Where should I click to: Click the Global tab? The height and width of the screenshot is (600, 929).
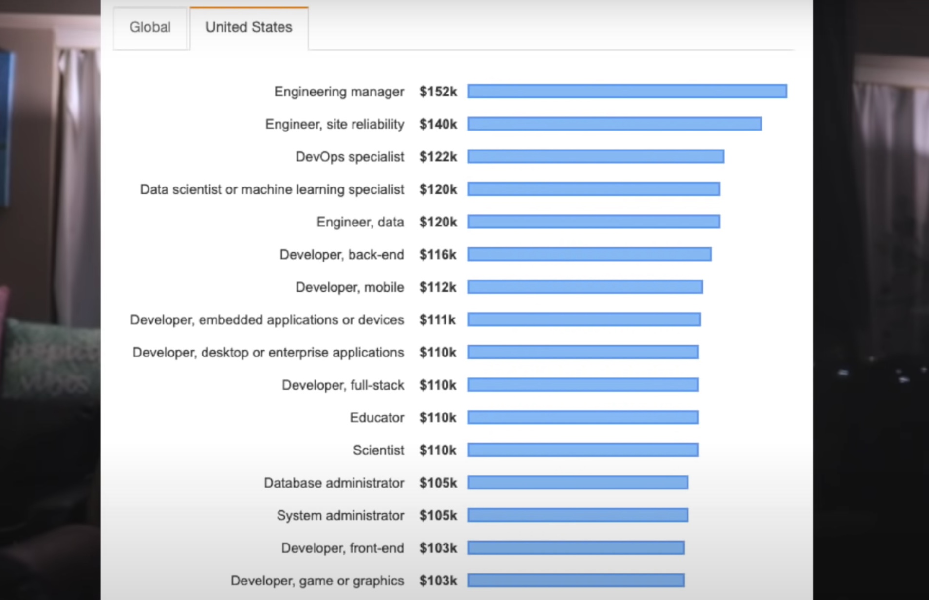click(150, 27)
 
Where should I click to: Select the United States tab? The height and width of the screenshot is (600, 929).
click(249, 27)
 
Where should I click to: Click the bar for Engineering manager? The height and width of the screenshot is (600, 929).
click(627, 91)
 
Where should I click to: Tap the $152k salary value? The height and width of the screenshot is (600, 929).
click(438, 92)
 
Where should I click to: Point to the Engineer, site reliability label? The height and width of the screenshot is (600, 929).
click(334, 124)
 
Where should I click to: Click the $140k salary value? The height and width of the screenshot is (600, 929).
click(438, 124)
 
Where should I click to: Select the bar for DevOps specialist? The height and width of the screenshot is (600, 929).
click(595, 156)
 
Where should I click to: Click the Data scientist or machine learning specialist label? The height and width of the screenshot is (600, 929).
click(272, 189)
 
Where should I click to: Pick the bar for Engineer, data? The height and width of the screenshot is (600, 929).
click(594, 222)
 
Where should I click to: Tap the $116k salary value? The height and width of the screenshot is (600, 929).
click(438, 254)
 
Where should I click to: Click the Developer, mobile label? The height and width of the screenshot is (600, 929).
click(350, 287)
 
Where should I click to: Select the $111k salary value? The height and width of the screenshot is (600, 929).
click(437, 320)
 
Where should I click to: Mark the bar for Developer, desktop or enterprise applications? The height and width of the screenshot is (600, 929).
click(583, 352)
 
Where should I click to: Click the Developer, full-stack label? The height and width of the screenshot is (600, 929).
click(343, 385)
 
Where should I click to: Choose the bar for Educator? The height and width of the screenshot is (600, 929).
click(583, 417)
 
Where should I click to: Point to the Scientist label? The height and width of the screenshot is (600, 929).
click(378, 450)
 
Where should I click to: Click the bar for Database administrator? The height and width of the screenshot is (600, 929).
click(578, 483)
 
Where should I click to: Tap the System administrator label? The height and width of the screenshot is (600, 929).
click(340, 515)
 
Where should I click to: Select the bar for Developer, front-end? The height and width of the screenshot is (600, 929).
click(576, 548)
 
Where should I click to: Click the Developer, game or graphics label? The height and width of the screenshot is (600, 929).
click(317, 581)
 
